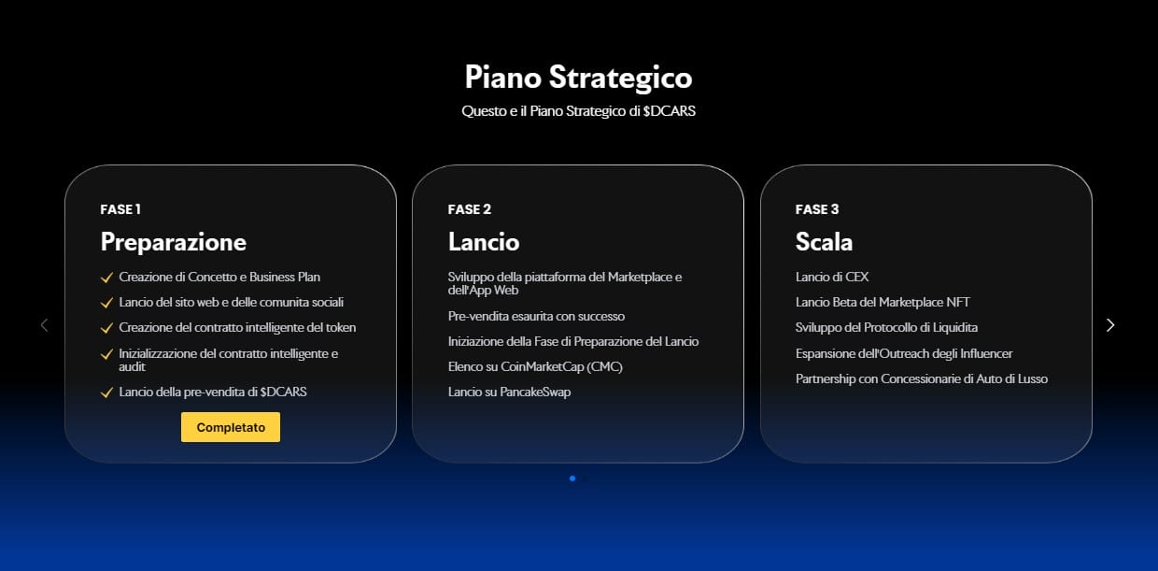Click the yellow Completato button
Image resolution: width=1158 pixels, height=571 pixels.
[231, 427]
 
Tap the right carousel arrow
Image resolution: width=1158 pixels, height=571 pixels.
[1110, 325]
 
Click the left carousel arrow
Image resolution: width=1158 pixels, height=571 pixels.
[45, 325]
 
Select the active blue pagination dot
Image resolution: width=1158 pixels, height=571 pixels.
[572, 478]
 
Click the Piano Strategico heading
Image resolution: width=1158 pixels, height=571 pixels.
[578, 78]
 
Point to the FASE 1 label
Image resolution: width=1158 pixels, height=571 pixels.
[120, 209]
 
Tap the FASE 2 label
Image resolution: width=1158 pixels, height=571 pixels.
[470, 209]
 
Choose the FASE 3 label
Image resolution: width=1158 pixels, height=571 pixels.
[817, 209]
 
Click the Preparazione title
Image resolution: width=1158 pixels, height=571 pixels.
[173, 242]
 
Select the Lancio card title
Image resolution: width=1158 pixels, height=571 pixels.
[484, 241]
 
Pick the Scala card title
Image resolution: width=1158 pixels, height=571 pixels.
[824, 241]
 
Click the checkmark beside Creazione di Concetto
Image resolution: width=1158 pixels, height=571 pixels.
[106, 278]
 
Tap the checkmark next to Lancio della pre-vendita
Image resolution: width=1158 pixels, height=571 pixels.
[106, 393]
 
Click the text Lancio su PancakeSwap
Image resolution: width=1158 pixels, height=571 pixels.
[509, 393]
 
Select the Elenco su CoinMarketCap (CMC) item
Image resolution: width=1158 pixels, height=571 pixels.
[535, 366]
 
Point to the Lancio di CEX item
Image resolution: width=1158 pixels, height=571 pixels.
[832, 278]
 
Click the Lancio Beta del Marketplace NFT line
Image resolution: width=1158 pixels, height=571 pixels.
[883, 303]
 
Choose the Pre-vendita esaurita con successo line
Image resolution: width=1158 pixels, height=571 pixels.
[536, 316]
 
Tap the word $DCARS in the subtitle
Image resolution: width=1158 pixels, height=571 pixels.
[670, 111]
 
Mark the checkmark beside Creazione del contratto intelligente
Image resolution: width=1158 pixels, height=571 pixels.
[106, 328]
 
